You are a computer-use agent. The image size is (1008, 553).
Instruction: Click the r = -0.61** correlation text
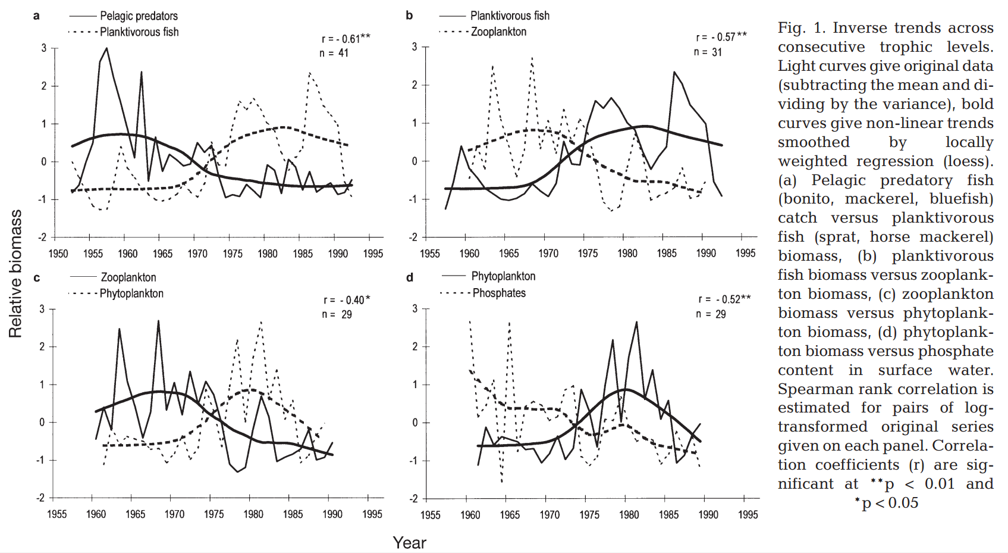(x=346, y=39)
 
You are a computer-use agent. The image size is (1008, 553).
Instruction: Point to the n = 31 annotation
(x=708, y=52)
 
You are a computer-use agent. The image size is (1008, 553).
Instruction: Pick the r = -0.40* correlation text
(x=346, y=300)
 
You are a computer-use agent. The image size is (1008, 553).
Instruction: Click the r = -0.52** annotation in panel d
(x=724, y=299)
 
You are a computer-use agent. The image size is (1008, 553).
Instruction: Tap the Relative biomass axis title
(x=15, y=274)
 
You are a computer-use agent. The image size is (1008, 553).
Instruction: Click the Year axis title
(x=409, y=543)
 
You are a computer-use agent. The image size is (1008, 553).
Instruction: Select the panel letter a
(x=36, y=16)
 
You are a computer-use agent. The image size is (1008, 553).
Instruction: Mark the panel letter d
(x=409, y=277)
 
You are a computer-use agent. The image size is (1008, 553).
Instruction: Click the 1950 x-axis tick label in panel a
(x=58, y=254)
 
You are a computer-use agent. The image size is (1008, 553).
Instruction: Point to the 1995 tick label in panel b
(x=745, y=253)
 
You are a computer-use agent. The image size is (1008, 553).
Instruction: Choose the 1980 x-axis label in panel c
(x=253, y=514)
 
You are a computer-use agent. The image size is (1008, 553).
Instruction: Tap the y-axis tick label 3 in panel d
(x=415, y=309)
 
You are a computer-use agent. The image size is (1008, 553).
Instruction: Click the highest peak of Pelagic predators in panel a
(x=106, y=48)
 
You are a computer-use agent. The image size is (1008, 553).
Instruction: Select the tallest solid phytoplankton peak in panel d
(x=636, y=322)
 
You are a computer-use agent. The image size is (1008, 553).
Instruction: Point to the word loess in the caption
(x=967, y=161)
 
